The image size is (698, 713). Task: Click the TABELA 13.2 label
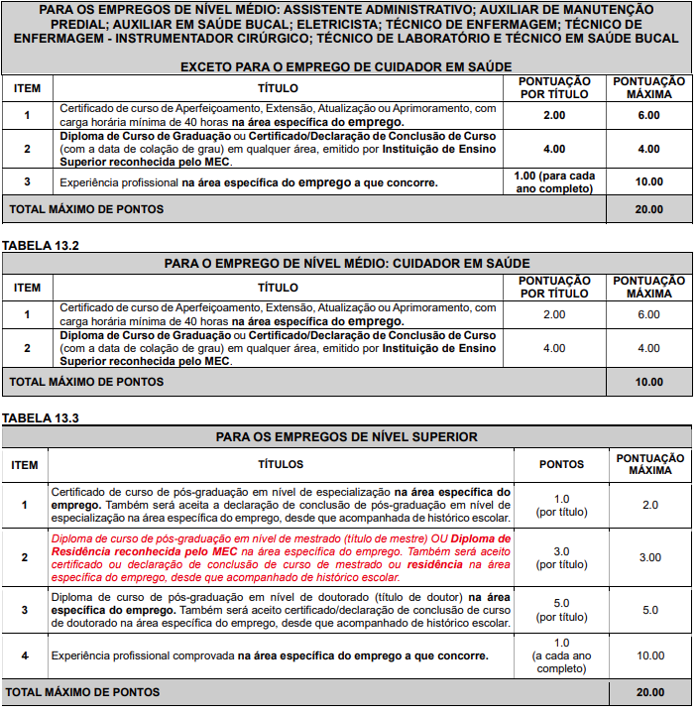pos(40,244)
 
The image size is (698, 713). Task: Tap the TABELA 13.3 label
pos(40,417)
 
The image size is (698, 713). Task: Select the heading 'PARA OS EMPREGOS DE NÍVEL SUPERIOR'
pos(347,436)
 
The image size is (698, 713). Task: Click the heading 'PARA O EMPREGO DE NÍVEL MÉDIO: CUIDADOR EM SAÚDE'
pos(347,263)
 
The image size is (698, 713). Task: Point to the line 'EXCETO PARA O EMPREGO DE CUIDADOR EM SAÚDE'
pos(345,66)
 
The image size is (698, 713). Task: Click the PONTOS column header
pos(561,464)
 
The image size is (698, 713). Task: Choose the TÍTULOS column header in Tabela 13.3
pos(281,464)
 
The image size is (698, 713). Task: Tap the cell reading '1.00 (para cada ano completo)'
pos(555,181)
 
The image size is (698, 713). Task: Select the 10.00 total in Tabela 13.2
pos(648,382)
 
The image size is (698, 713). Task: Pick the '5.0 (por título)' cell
pos(561,610)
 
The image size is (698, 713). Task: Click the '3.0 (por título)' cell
pos(561,557)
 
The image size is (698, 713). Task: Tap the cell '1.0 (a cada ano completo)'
pos(561,655)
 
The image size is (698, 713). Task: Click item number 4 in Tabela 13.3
pos(25,655)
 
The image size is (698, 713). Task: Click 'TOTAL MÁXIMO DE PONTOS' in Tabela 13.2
pos(86,382)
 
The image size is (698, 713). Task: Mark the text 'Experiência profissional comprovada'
pos(143,655)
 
